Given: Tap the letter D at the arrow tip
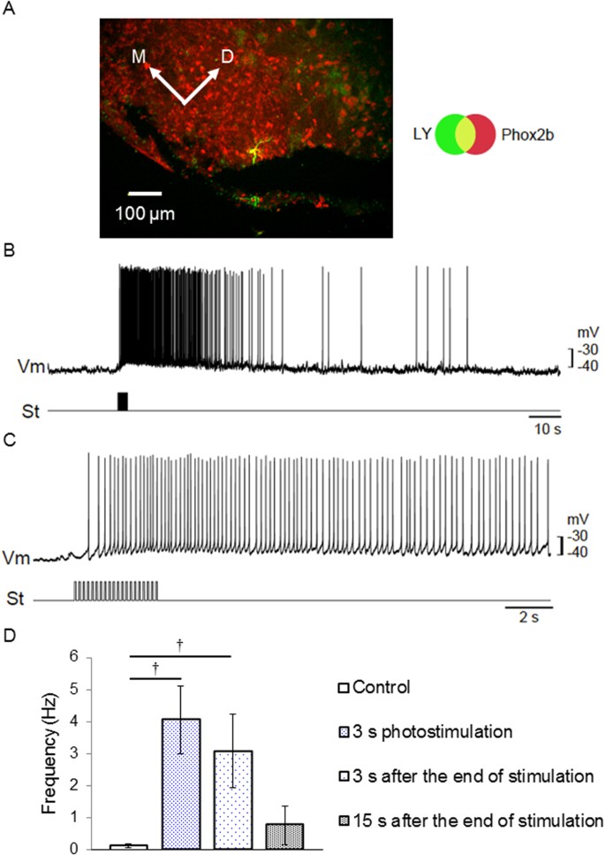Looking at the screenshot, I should (x=228, y=57).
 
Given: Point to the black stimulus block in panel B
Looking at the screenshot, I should (x=123, y=401).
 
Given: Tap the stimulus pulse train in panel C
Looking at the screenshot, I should (x=116, y=590).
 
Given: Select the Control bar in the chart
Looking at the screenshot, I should (x=129, y=846).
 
